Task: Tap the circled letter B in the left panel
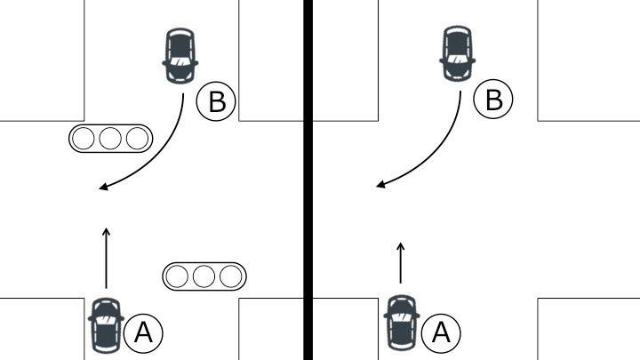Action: (215, 102)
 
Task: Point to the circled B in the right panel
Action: (493, 100)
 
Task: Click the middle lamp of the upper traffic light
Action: (110, 139)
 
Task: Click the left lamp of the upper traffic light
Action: (85, 139)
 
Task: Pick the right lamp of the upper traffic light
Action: (135, 139)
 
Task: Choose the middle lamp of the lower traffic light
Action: (204, 276)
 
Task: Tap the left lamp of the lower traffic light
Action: (180, 276)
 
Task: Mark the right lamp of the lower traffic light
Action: (229, 276)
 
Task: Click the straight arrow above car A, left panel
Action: (106, 258)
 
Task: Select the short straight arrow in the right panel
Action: (400, 262)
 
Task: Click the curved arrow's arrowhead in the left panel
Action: (103, 188)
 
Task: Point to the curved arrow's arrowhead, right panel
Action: (380, 185)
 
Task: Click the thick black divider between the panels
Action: (308, 178)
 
